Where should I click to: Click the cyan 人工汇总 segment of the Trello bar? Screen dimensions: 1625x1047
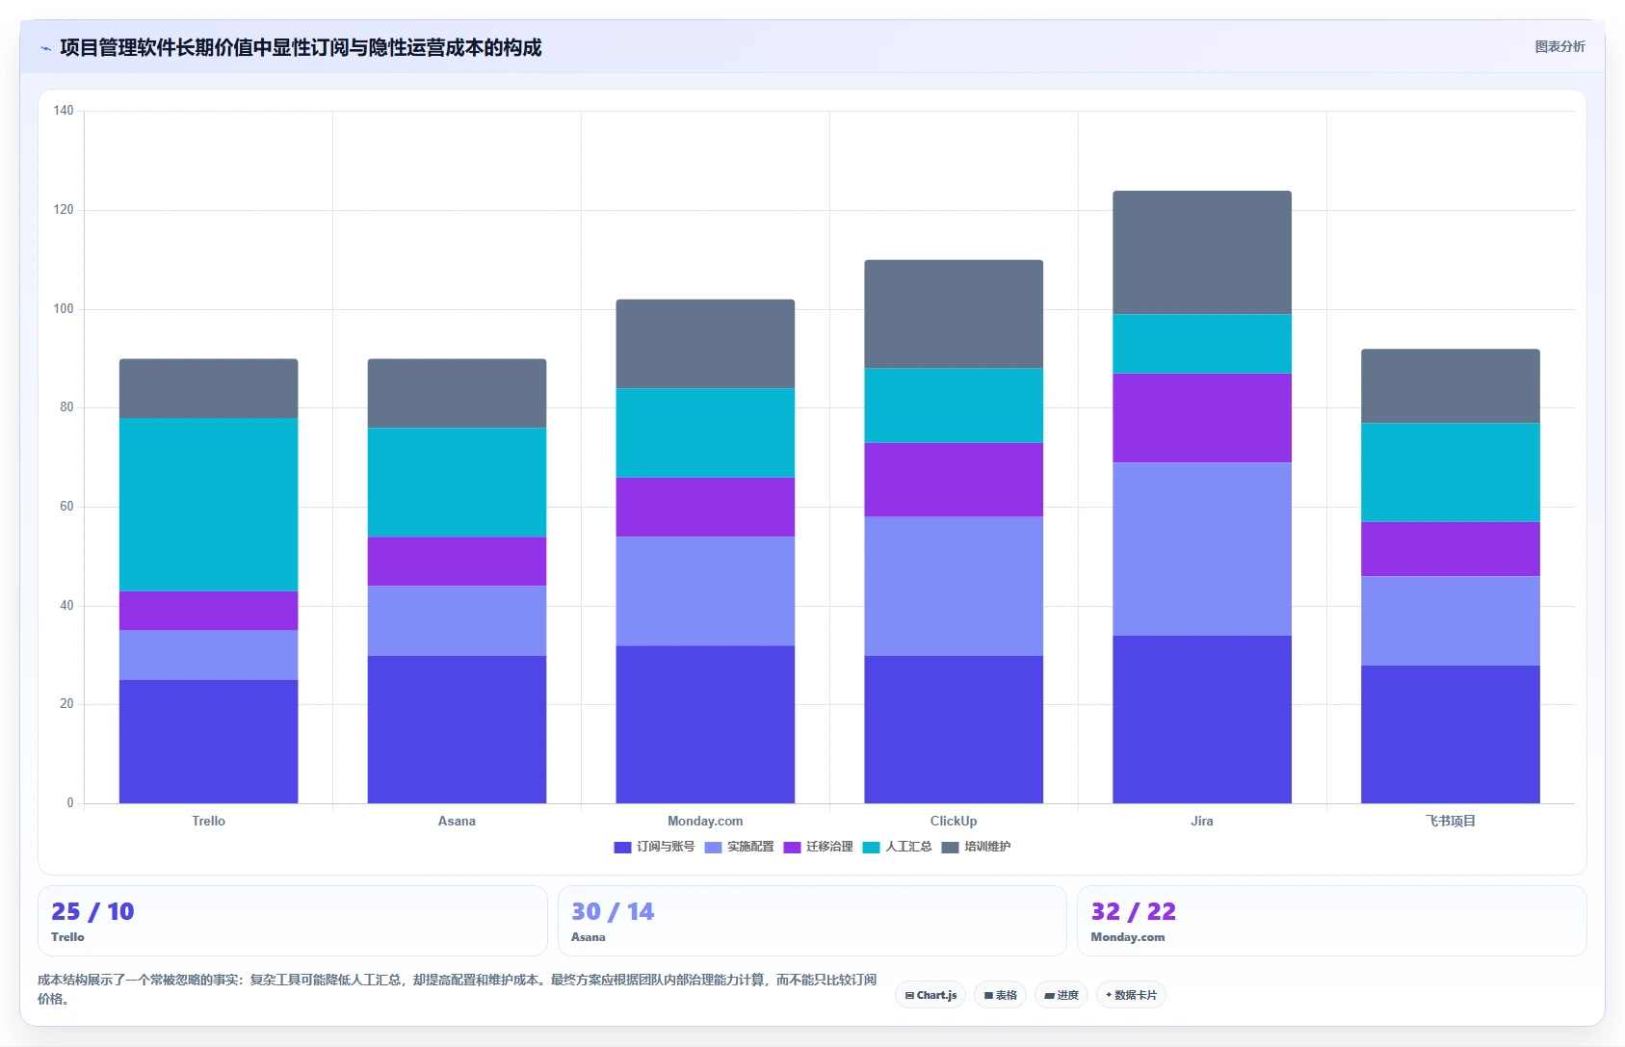[x=208, y=505]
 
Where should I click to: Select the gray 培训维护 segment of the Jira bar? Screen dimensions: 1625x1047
[x=1202, y=252]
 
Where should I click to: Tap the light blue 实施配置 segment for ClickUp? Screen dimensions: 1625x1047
[x=954, y=587]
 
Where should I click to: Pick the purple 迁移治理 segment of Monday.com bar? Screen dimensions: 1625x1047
[x=705, y=508]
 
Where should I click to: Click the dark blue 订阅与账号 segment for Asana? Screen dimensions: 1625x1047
[x=457, y=729]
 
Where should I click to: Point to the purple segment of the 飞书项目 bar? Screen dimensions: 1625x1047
[x=1450, y=549]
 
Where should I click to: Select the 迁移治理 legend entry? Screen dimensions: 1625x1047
[x=819, y=847]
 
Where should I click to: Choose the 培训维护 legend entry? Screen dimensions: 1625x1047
[x=976, y=847]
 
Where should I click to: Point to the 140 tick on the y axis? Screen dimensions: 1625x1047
[x=64, y=111]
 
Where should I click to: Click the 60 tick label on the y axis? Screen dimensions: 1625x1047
[x=66, y=507]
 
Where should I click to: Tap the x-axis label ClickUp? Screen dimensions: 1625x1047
[x=954, y=822]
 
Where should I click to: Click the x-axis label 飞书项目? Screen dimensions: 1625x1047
[x=1450, y=822]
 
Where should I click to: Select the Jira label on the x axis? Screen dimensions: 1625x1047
[x=1202, y=822]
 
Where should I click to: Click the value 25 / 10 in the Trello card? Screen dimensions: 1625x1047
[x=92, y=911]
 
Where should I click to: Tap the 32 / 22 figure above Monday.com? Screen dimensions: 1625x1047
[x=1133, y=911]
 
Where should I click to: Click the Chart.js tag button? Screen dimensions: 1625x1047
[x=930, y=995]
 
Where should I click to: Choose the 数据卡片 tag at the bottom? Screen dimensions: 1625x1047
[x=1131, y=995]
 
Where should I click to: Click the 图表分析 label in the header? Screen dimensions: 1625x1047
[x=1559, y=47]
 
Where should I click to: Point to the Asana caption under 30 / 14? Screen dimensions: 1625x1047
[x=589, y=937]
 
